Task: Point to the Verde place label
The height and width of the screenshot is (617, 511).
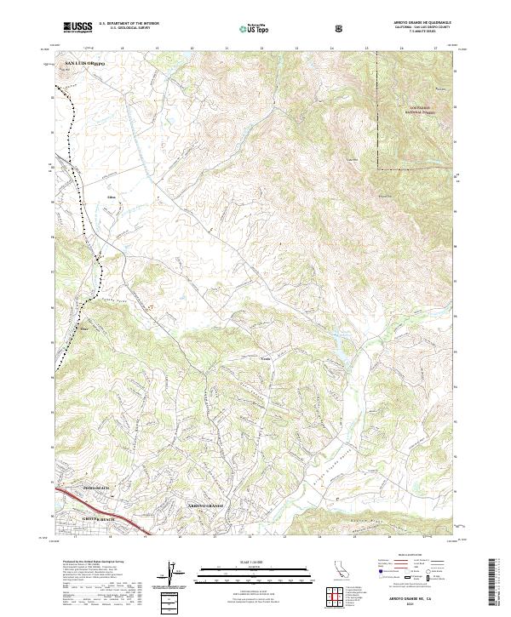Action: [265, 360]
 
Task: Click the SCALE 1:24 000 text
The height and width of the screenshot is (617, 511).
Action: [253, 563]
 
